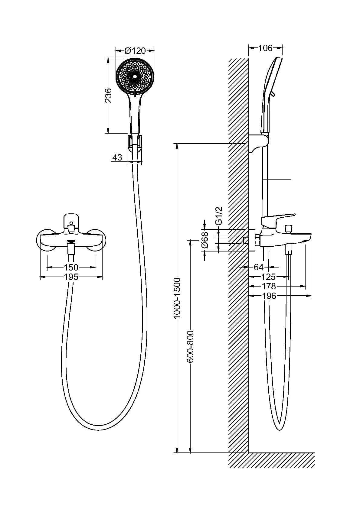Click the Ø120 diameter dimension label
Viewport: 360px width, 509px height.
coord(135,51)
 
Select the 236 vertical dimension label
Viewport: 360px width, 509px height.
coord(109,96)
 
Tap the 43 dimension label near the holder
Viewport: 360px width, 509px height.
coord(117,157)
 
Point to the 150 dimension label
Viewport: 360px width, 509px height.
coord(71,267)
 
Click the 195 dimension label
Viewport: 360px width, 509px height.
coord(71,277)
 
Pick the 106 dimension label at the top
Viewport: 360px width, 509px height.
coord(265,48)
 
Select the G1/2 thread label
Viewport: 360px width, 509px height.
coord(219,216)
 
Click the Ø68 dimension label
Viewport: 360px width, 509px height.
coord(205,240)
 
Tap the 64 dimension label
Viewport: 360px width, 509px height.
coord(258,267)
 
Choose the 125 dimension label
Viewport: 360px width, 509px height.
coord(269,277)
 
